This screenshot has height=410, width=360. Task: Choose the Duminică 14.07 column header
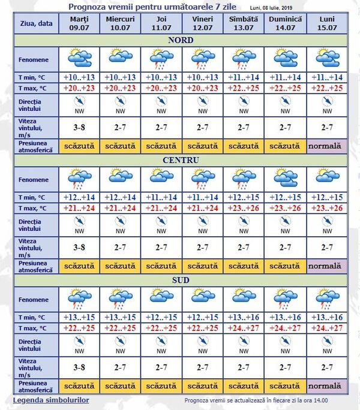286,24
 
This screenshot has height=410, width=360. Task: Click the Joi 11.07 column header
162,24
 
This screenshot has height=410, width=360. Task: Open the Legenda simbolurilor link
51,399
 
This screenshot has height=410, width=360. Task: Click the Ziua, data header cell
35,23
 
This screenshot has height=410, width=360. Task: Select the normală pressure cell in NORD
327,146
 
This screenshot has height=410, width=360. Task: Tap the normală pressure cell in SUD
327,385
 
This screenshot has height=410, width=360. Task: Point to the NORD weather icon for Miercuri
120,58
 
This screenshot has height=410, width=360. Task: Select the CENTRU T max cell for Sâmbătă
244,208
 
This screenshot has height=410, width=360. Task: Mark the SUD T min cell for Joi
162,317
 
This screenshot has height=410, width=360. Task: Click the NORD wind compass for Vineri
203,105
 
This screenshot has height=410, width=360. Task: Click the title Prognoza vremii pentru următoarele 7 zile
155,7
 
